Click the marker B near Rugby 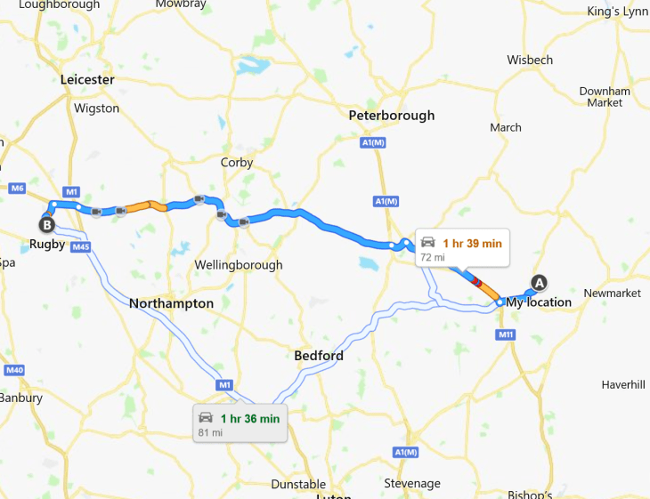tap(46, 224)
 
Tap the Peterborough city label tap(392, 115)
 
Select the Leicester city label tap(88, 79)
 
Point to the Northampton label tap(171, 303)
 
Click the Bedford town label tap(319, 356)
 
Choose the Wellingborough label tap(239, 264)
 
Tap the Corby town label tap(237, 163)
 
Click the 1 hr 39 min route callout tap(461, 248)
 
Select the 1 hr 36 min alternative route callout tap(240, 423)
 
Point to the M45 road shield tap(80, 246)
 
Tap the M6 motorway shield tap(16, 189)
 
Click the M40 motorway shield tap(13, 370)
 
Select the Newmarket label tap(612, 294)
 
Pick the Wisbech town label tap(530, 60)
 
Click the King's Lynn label tap(618, 12)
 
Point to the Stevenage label tap(411, 483)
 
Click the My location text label tap(539, 302)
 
